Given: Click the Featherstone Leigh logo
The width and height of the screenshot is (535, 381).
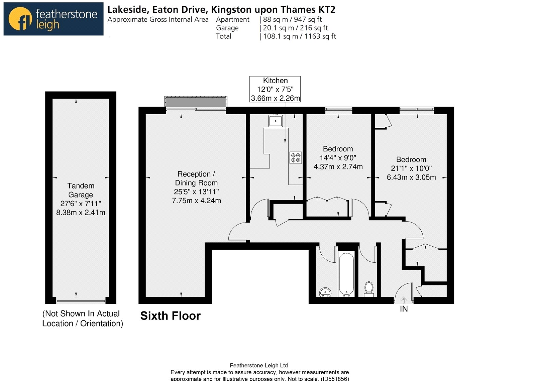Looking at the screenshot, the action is (x=53, y=19).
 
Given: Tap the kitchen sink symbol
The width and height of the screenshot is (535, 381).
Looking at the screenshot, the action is (x=276, y=121).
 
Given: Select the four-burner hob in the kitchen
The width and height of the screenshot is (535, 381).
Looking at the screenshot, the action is (x=296, y=157).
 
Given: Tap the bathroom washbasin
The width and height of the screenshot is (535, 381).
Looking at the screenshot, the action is (x=325, y=292).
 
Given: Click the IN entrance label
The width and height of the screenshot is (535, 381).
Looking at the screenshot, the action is (x=404, y=309).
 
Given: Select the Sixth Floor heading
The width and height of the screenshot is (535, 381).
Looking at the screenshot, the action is (x=171, y=316).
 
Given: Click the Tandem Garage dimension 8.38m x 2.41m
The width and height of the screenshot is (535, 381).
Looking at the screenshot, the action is (x=81, y=212).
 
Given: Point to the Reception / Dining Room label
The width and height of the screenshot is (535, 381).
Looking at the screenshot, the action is (x=196, y=178).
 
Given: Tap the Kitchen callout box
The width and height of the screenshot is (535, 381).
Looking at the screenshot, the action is (x=275, y=89).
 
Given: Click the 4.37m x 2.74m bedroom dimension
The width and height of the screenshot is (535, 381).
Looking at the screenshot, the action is (x=338, y=166).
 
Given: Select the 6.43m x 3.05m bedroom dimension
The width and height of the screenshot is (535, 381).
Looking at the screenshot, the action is (x=411, y=177).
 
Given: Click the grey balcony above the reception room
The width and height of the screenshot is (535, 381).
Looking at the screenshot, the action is (x=196, y=102).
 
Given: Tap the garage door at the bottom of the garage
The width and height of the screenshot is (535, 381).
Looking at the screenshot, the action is (x=81, y=301).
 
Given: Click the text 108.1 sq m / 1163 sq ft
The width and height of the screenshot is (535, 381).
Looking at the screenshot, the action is (x=300, y=36).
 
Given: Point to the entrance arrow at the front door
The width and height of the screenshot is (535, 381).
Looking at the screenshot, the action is (x=404, y=300).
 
